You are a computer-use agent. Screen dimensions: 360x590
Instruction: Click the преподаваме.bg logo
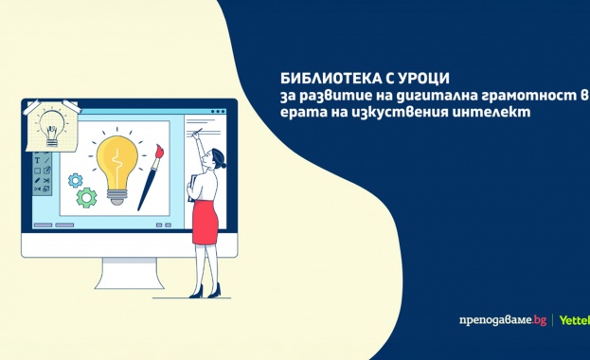(x=499, y=321)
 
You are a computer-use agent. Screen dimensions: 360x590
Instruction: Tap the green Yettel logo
(x=574, y=321)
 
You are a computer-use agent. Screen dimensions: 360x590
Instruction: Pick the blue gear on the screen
(x=75, y=179)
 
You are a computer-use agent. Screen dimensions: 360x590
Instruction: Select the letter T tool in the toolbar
(x=37, y=162)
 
